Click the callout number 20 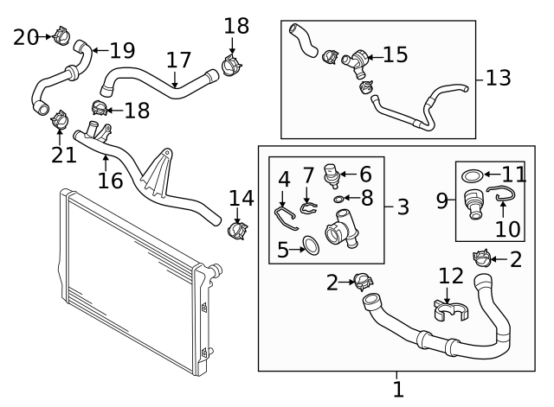[26, 36]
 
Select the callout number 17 [178, 61]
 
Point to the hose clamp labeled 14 [235, 232]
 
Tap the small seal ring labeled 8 [340, 200]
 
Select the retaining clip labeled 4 [286, 215]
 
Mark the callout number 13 [499, 78]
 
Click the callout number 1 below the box [397, 390]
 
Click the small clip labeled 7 [309, 206]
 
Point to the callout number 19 [123, 49]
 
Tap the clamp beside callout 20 [60, 36]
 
